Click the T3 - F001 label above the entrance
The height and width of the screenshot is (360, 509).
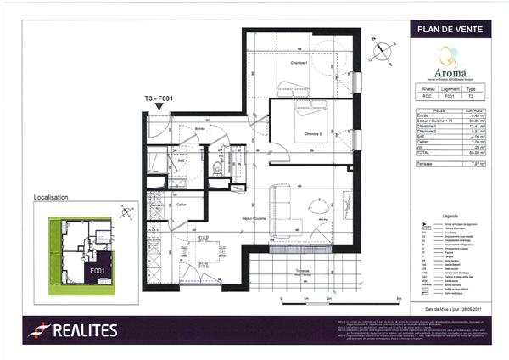[x=159, y=99]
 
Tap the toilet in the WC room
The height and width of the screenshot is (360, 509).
[x=217, y=169]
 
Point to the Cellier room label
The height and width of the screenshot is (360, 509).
[x=182, y=205]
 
